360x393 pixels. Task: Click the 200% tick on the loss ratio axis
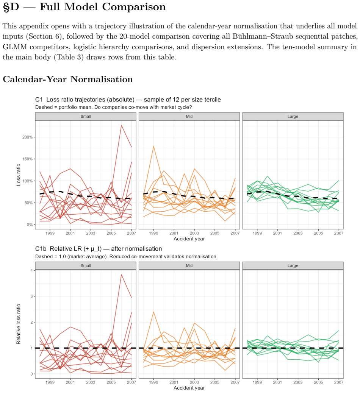[x=28, y=137]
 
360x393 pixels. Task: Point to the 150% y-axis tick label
[x=28, y=159]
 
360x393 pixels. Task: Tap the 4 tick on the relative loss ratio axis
[x=31, y=270]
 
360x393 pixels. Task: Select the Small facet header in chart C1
[x=86, y=117]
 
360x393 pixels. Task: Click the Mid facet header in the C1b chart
[x=189, y=266]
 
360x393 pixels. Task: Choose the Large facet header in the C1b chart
[x=293, y=266]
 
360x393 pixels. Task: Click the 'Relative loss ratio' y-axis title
[x=18, y=324]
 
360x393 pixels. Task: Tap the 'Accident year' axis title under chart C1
[x=189, y=239]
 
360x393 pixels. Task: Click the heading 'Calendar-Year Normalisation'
[x=68, y=79]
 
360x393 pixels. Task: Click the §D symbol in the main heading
[x=11, y=7]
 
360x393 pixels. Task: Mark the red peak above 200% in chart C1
[x=121, y=125]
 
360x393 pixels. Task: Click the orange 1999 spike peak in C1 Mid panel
[x=153, y=147]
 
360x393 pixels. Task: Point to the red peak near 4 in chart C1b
[x=121, y=274]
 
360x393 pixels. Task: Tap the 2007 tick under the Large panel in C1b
[x=339, y=382]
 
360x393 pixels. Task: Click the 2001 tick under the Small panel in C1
[x=70, y=233]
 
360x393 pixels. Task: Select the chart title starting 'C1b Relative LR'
[x=99, y=249]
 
